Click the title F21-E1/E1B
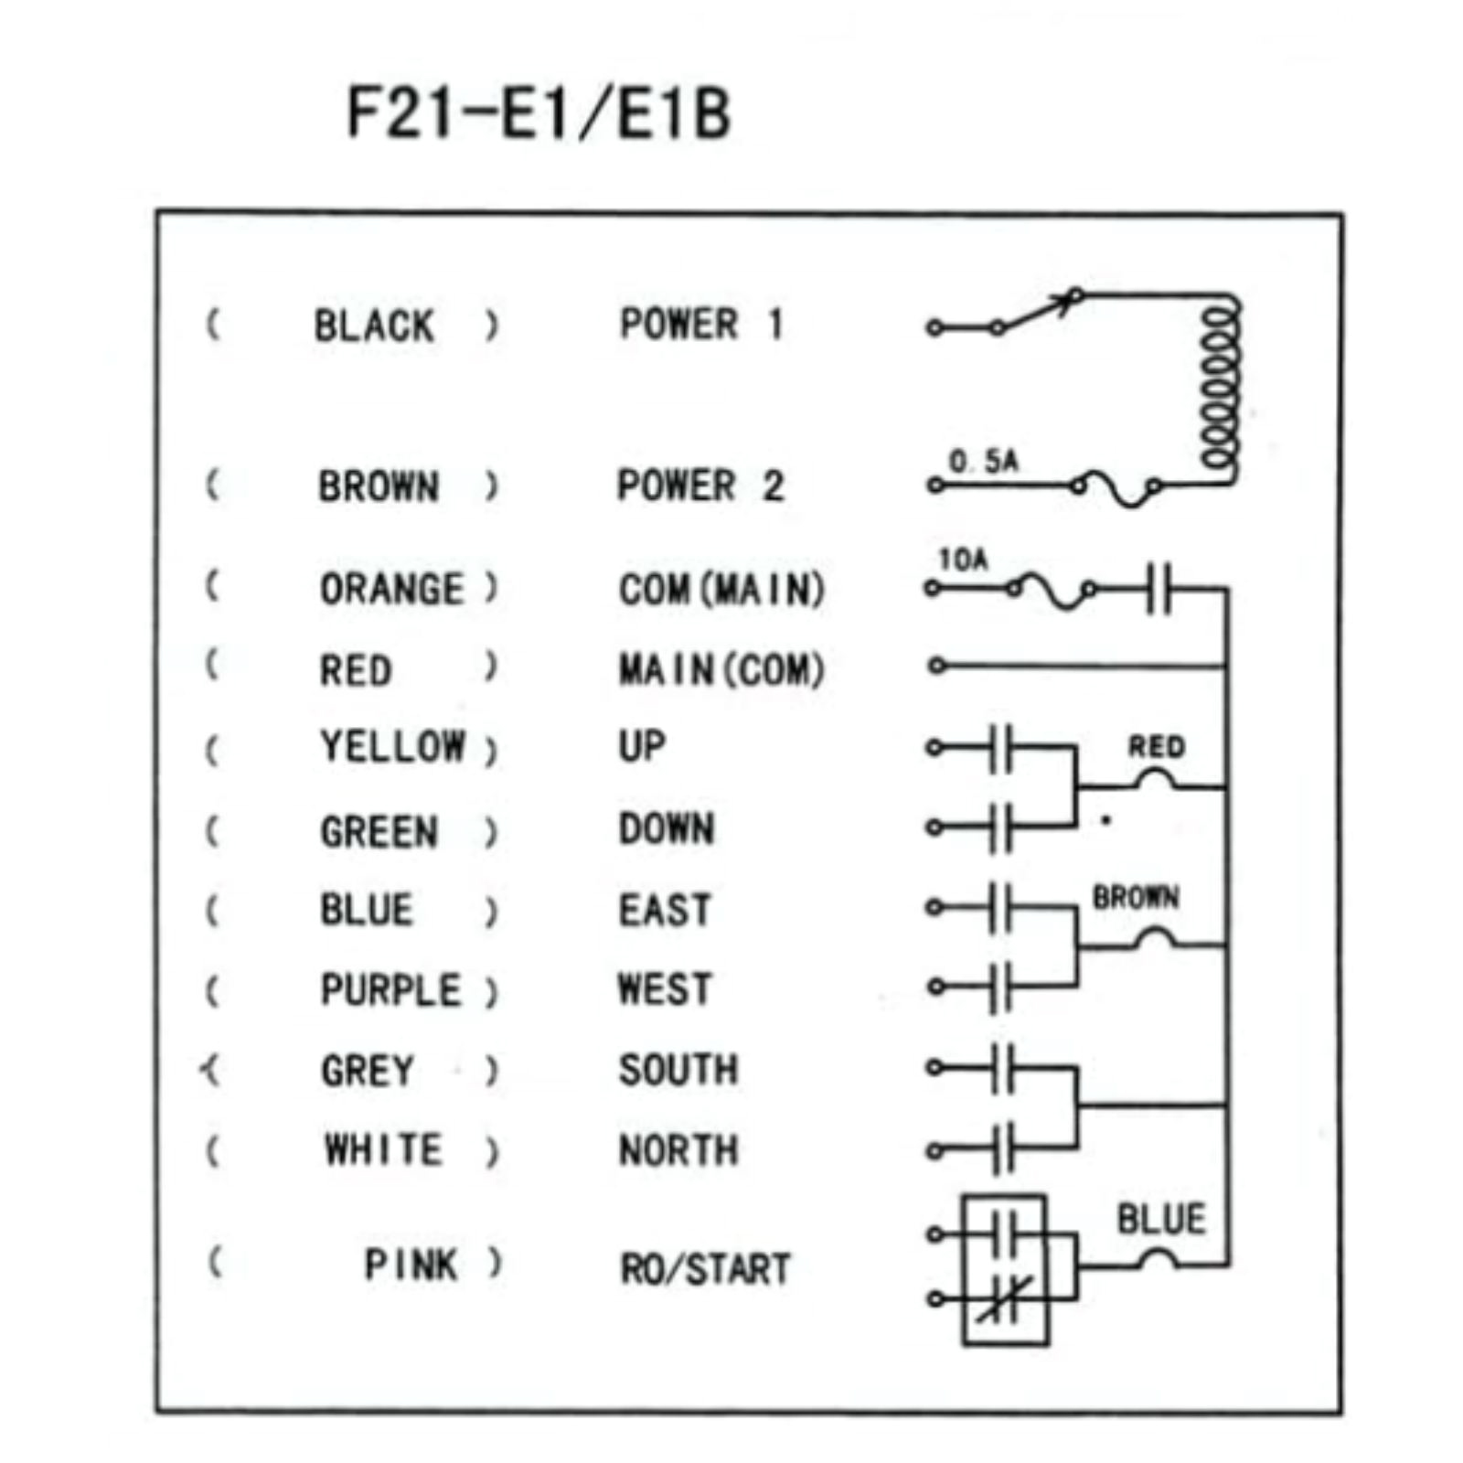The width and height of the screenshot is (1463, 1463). pyautogui.click(x=539, y=112)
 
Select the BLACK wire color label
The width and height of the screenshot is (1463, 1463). pyautogui.click(x=374, y=326)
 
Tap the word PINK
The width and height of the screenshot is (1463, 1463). pyautogui.click(x=411, y=1265)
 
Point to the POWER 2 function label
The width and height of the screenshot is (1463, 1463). pyautogui.click(x=700, y=486)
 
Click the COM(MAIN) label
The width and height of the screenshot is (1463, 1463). pyautogui.click(x=721, y=590)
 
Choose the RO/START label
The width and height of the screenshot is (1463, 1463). pyautogui.click(x=705, y=1269)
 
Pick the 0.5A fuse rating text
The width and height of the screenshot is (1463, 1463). pyautogui.click(x=983, y=461)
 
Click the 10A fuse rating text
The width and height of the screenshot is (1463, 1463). pyautogui.click(x=963, y=559)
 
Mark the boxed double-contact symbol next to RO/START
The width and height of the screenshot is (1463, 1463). pyautogui.click(x=1004, y=1269)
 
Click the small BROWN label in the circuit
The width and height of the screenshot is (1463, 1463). pyautogui.click(x=1135, y=897)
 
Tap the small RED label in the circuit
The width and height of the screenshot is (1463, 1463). pyautogui.click(x=1156, y=747)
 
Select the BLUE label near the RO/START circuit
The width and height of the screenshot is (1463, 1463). pyautogui.click(x=1161, y=1219)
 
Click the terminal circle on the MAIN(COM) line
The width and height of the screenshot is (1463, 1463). pyautogui.click(x=935, y=666)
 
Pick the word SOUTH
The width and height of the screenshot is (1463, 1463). pyautogui.click(x=678, y=1070)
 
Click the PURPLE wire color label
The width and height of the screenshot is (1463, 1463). pyautogui.click(x=390, y=990)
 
